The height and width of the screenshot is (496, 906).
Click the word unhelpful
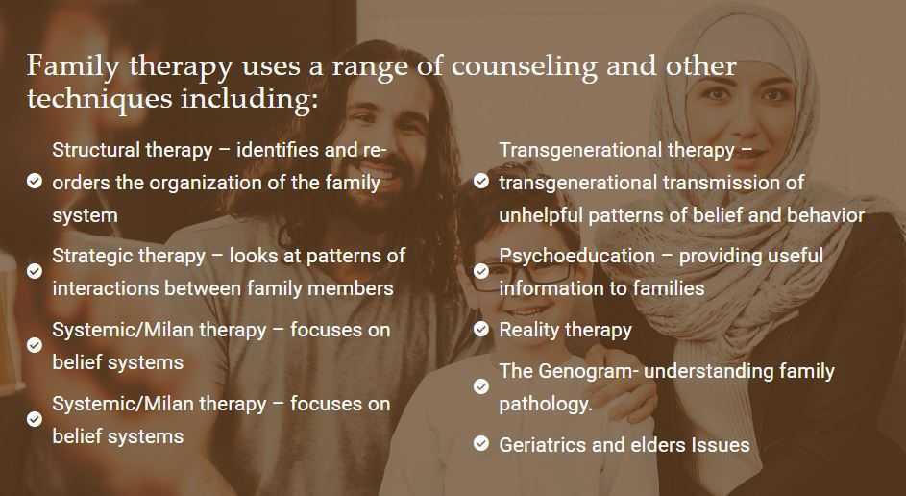click(542, 215)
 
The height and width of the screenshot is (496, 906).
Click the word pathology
click(545, 404)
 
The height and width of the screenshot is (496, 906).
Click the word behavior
click(824, 215)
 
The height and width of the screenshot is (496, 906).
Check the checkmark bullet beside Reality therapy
click(481, 330)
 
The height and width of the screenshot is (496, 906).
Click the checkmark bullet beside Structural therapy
click(35, 181)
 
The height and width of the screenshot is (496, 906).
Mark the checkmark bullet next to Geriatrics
click(481, 444)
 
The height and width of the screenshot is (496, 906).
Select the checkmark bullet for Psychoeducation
click(481, 272)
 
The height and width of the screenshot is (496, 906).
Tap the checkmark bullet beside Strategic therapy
click(35, 272)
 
